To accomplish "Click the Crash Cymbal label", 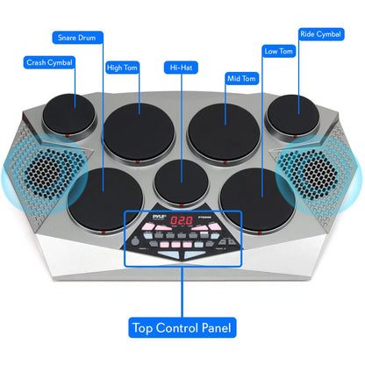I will click(49, 62).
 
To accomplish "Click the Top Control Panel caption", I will click(181, 328).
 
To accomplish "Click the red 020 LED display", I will click(182, 221).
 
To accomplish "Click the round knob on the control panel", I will click(232, 243).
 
